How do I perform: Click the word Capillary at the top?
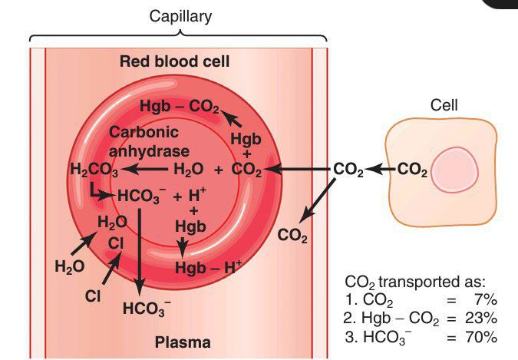click(180, 18)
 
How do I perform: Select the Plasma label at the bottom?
click(183, 342)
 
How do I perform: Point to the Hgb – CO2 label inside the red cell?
click(180, 106)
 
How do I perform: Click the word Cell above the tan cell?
click(445, 105)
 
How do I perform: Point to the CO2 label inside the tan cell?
click(414, 170)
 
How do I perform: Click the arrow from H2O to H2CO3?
click(146, 169)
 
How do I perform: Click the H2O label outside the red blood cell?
click(69, 266)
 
